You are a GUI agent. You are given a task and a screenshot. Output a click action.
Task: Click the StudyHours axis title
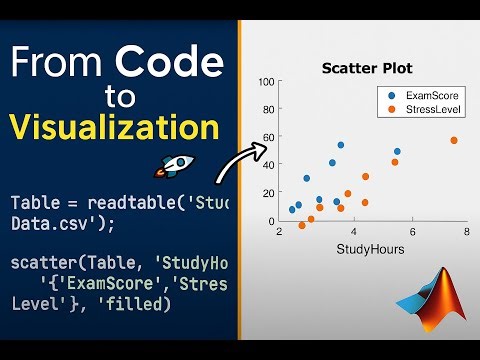point(370,249)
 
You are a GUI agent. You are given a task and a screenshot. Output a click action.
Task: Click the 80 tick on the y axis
point(266,110)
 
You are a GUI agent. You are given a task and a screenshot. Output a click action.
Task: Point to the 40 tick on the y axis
point(266,165)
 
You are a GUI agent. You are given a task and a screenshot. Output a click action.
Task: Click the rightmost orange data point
point(453,141)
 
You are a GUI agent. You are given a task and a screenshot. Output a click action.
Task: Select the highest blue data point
point(341,145)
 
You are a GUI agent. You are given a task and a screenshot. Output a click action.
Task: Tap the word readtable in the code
point(114,203)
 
